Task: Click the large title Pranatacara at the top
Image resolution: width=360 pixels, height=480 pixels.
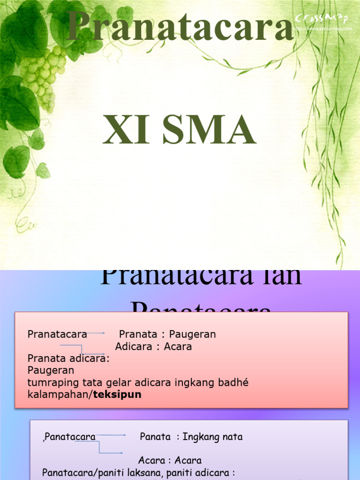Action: pos(180,27)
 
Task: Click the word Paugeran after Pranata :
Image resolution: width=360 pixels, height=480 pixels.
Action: pos(192,334)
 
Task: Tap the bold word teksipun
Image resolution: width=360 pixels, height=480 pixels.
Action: pos(117,395)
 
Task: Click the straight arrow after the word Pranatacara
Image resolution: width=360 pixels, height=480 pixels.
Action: pos(97,334)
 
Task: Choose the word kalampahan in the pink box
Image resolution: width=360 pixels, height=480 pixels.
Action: pos(59,395)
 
